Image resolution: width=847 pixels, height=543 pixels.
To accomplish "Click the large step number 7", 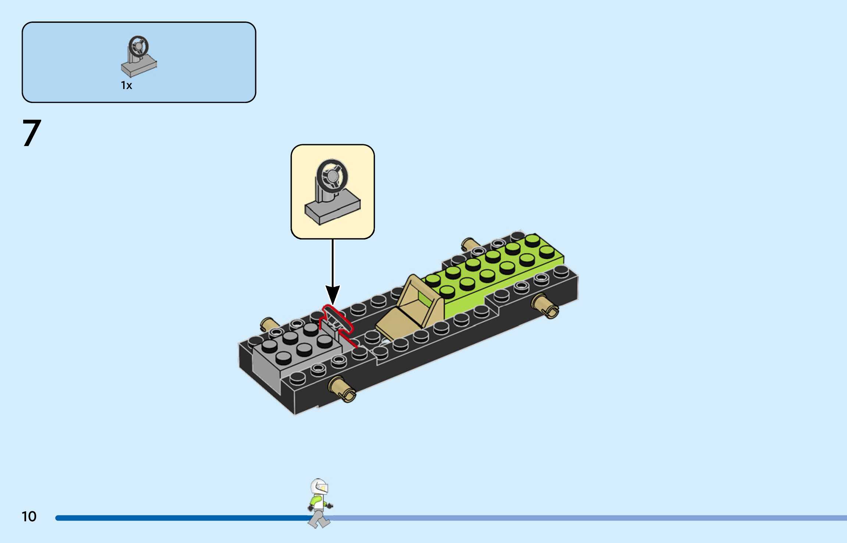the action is pyautogui.click(x=32, y=133).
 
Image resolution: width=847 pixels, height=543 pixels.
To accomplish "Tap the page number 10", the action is pyautogui.click(x=29, y=516).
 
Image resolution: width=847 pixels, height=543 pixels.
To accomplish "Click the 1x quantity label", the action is pyautogui.click(x=126, y=85).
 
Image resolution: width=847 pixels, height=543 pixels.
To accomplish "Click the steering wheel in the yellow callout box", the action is pyautogui.click(x=332, y=175).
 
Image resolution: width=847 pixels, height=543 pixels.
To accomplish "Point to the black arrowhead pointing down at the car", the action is pyautogui.click(x=332, y=294).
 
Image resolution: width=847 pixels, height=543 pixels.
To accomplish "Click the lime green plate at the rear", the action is pyautogui.click(x=497, y=272).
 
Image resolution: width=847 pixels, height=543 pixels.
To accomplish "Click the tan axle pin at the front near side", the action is pyautogui.click(x=342, y=389).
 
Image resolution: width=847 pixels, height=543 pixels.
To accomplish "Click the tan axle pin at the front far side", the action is pyautogui.click(x=269, y=324).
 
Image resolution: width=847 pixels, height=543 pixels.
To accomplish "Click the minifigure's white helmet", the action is pyautogui.click(x=318, y=486).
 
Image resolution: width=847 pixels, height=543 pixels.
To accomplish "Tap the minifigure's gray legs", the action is pyautogui.click(x=318, y=519).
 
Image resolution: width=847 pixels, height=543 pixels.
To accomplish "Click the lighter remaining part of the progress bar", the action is pyautogui.click(x=588, y=518).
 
